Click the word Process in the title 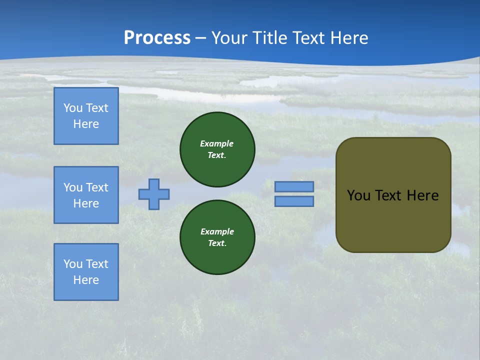[x=157, y=38]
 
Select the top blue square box [x=86, y=116]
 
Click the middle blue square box [x=86, y=195]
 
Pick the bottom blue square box [x=86, y=272]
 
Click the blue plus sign [x=154, y=194]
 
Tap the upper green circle [x=217, y=149]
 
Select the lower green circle [x=217, y=237]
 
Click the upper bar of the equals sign [x=294, y=186]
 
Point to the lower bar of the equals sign [x=294, y=201]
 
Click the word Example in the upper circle [x=217, y=143]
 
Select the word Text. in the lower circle [x=217, y=243]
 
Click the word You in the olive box [x=358, y=195]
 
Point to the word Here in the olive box [x=422, y=195]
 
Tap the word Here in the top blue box [x=86, y=124]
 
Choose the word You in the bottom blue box [x=73, y=264]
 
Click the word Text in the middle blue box [x=97, y=187]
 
